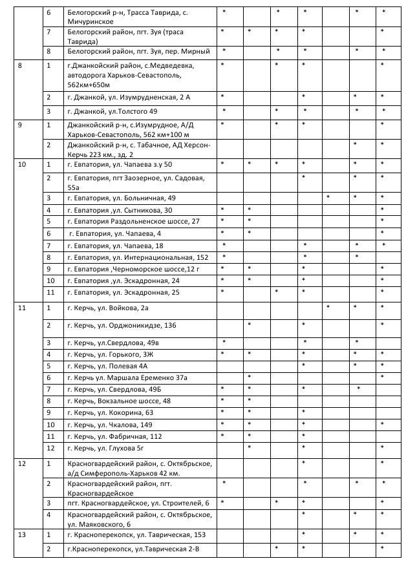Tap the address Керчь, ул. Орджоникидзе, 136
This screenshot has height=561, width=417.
(121, 324)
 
